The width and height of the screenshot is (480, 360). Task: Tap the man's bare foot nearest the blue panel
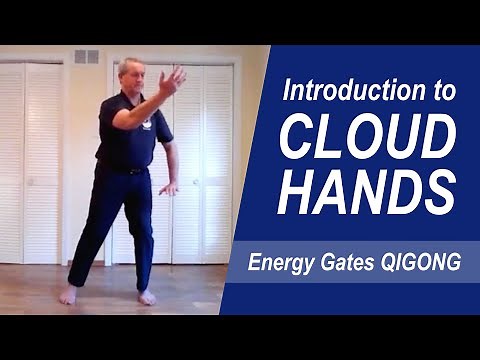coord(147,297)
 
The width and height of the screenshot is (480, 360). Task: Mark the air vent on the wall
coord(87,57)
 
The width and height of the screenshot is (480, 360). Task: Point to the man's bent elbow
coord(118,120)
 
